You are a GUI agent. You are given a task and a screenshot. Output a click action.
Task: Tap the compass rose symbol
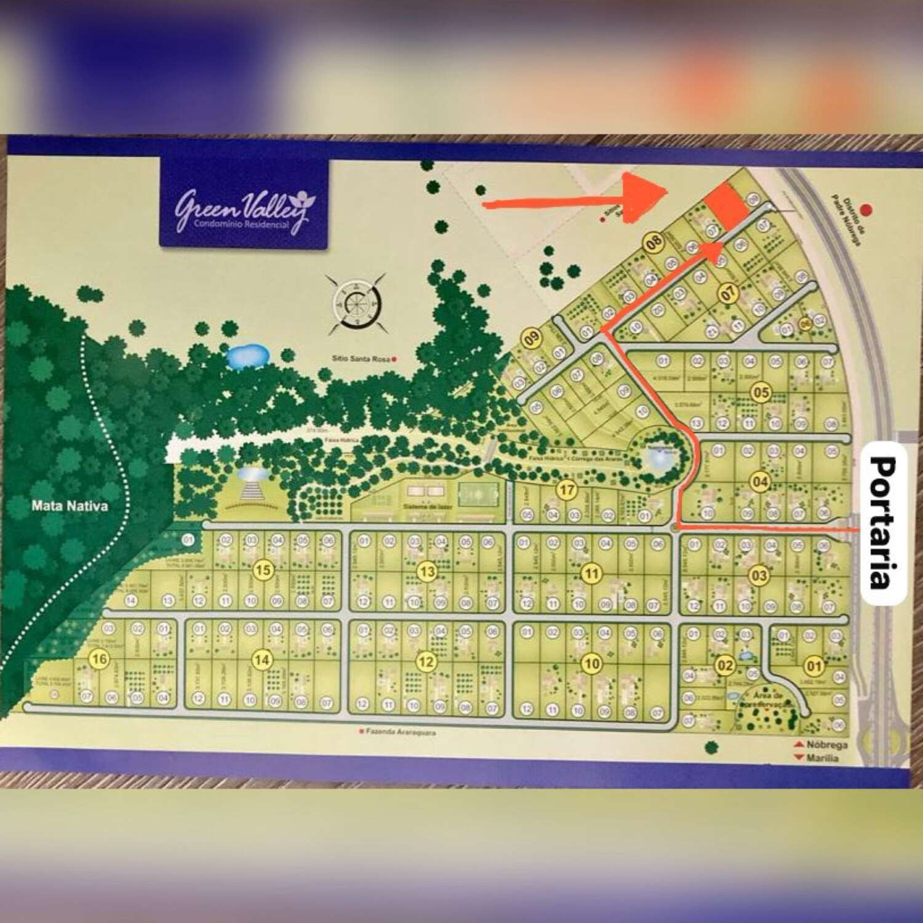coord(356,303)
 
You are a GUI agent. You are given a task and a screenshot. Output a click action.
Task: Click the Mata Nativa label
coord(70,506)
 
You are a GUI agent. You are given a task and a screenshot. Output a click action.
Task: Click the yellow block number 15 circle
coord(263,570)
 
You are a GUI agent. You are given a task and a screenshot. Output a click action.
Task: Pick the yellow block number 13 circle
coord(426,572)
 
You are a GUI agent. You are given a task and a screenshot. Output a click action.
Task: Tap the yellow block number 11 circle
coord(591,574)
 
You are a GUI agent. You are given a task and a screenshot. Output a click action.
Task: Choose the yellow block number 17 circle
coord(566,490)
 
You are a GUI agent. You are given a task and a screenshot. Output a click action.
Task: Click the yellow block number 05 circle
coord(761,393)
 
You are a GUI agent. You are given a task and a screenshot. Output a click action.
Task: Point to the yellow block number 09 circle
coord(531,338)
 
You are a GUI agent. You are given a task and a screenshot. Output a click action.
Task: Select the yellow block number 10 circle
coord(591,663)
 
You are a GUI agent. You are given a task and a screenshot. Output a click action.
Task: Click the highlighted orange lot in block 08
coord(727,206)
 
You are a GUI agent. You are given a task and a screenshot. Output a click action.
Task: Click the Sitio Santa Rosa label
coord(361,359)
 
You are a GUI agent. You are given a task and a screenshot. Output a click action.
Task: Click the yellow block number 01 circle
coord(814,665)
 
